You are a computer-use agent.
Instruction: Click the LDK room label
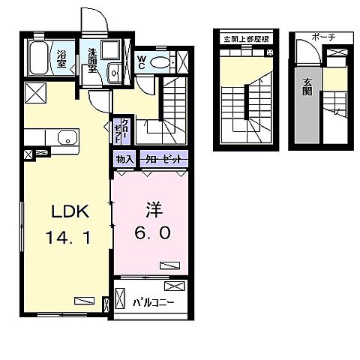(x=70, y=211)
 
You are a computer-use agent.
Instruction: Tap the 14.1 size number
(x=68, y=237)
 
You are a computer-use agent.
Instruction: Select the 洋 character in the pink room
(x=154, y=209)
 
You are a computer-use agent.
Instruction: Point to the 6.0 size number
(x=152, y=233)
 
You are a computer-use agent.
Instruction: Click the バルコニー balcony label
(x=153, y=303)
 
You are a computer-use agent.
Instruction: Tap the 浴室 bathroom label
(x=61, y=59)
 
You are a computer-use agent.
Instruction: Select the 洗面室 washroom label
(x=92, y=60)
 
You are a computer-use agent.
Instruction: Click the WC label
(x=142, y=62)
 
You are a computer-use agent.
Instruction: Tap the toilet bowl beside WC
(x=160, y=62)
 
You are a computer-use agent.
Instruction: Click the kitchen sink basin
(x=67, y=138)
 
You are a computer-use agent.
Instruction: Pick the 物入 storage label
(x=124, y=159)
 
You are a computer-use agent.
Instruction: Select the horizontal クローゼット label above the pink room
(x=163, y=159)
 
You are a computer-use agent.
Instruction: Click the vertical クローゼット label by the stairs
(x=121, y=130)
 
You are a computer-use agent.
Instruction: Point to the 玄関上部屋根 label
(x=246, y=39)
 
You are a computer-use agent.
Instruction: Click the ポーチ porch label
(x=324, y=37)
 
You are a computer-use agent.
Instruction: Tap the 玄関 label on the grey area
(x=307, y=87)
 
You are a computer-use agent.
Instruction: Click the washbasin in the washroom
(x=114, y=73)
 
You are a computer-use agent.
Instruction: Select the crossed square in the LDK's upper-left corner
(x=35, y=93)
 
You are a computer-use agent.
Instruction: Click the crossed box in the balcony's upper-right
(x=175, y=286)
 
